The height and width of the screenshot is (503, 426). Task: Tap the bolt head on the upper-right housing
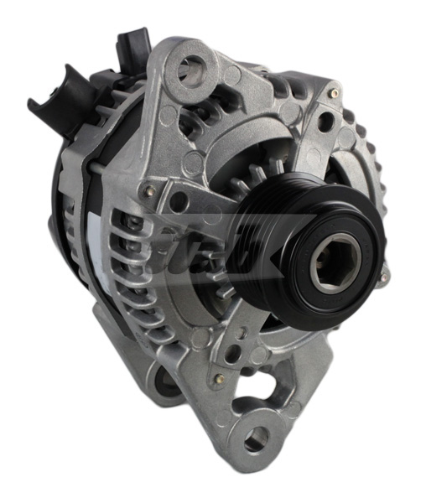334,93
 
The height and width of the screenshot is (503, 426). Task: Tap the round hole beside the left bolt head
178,201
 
